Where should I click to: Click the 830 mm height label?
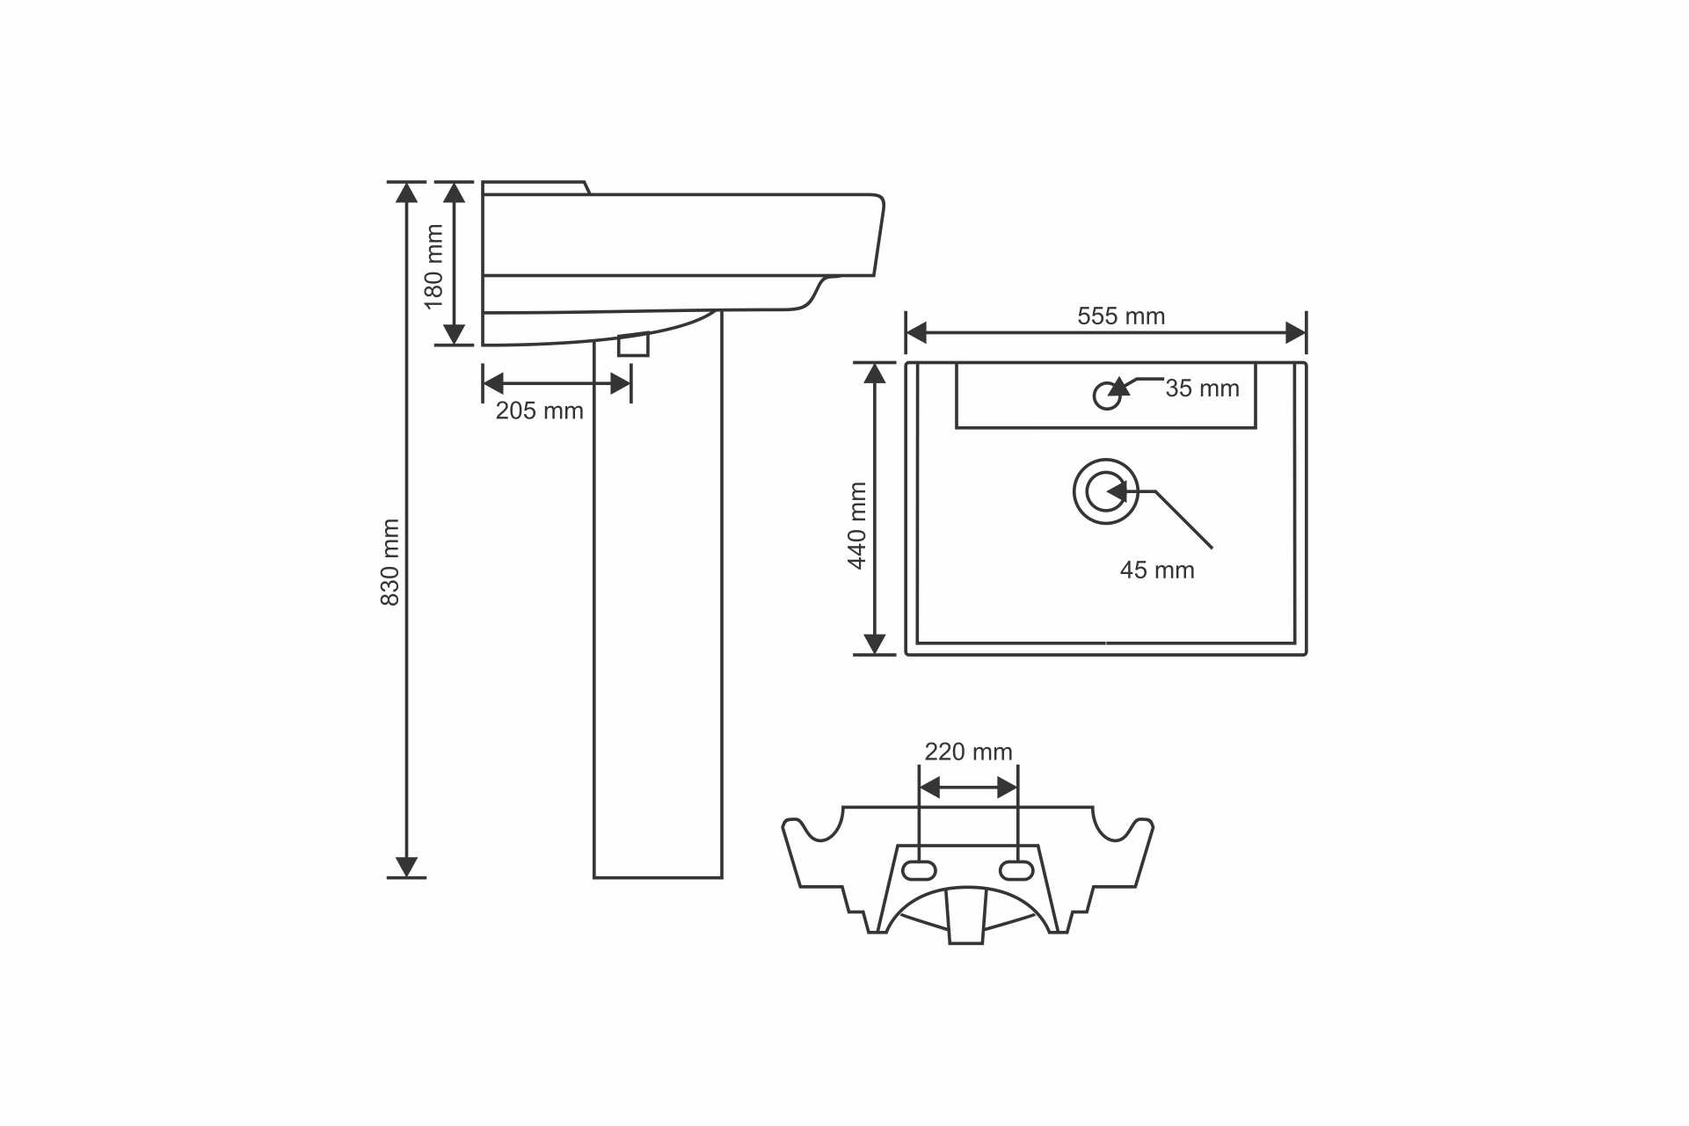(x=390, y=563)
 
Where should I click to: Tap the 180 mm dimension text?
(x=433, y=266)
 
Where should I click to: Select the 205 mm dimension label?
(x=540, y=410)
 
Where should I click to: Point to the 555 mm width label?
(x=1121, y=316)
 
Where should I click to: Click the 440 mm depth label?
(x=857, y=526)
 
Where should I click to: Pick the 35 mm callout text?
(x=1202, y=388)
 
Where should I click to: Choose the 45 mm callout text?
(x=1157, y=570)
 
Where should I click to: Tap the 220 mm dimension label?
(x=968, y=752)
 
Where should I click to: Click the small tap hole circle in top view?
(x=1107, y=396)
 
